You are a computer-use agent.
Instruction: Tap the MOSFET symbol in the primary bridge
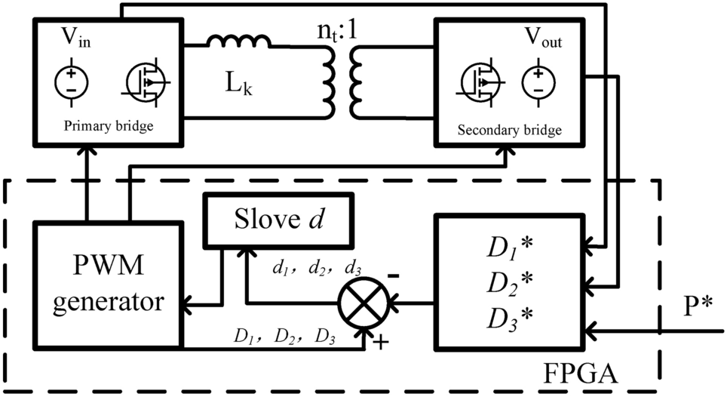coord(146,79)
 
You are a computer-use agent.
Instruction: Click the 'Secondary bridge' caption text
coord(510,131)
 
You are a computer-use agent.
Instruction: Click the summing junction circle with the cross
coord(363,305)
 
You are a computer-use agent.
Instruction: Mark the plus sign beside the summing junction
coord(381,343)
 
